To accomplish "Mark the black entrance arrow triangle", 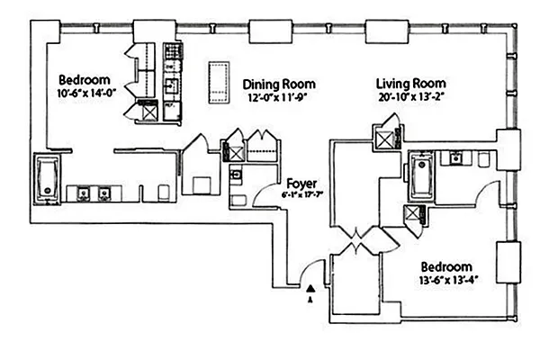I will [310, 288].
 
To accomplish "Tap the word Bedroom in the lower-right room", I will [447, 268].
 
